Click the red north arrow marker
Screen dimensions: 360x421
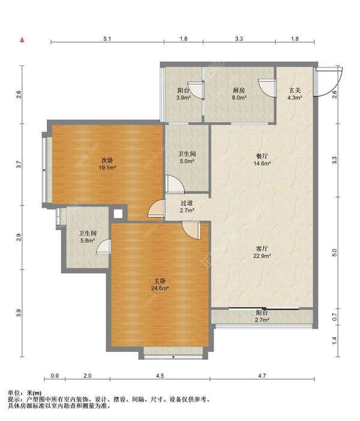[22, 40]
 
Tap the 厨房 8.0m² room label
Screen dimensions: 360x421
[239, 94]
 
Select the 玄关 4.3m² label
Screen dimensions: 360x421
[295, 94]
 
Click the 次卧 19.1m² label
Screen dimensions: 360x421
[107, 164]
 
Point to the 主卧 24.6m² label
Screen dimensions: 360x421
[160, 285]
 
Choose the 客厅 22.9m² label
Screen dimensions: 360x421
[262, 252]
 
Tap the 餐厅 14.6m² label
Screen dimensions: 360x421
[262, 160]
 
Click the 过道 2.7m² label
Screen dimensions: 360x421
[187, 207]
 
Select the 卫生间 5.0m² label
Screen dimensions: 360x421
[187, 157]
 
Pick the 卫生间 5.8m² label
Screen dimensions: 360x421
[88, 237]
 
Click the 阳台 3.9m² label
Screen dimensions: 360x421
[184, 94]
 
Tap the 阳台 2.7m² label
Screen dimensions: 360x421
[262, 317]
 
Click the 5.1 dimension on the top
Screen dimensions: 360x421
[107, 39]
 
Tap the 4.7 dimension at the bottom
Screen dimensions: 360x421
[262, 375]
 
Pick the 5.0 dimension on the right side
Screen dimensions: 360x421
[334, 253]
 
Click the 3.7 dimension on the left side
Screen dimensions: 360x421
[18, 165]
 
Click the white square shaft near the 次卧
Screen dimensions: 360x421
[118, 214]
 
